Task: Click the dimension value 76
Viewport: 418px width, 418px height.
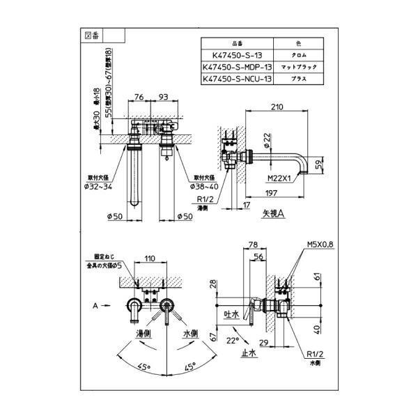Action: coord(139,98)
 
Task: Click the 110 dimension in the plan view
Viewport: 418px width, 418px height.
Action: coord(149,258)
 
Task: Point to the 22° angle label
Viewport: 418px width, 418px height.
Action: coord(232,340)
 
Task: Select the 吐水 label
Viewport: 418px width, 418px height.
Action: coord(231,315)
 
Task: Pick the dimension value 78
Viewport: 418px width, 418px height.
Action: coord(253,245)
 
